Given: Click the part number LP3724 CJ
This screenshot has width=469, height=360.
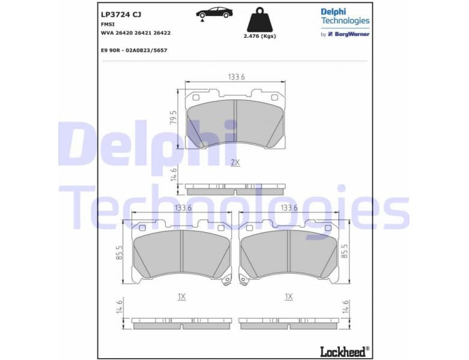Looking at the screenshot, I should (x=121, y=13).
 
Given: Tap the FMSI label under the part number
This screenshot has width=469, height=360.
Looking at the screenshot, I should (x=107, y=24).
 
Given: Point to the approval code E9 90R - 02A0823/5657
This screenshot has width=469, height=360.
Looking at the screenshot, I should (x=134, y=50).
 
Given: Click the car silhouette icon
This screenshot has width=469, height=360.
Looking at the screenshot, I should (x=214, y=13).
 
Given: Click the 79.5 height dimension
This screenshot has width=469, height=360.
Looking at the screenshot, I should (x=174, y=118).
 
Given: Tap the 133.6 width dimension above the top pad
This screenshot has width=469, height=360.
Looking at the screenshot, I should (x=236, y=77).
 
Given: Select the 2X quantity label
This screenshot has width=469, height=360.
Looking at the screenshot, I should (x=235, y=163).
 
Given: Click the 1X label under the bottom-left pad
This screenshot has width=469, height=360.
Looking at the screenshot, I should (x=181, y=296).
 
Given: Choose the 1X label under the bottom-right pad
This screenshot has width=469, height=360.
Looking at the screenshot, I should (x=288, y=296).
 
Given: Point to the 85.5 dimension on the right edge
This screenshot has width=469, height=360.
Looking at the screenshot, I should (x=345, y=251).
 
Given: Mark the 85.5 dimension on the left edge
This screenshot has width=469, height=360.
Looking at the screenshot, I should (x=120, y=252).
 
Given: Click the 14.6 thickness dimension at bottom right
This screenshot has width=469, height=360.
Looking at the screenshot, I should (x=345, y=307).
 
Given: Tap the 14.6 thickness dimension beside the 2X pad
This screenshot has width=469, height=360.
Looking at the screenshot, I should (x=174, y=175).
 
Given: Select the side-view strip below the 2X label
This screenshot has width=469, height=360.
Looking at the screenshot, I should (x=235, y=189).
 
